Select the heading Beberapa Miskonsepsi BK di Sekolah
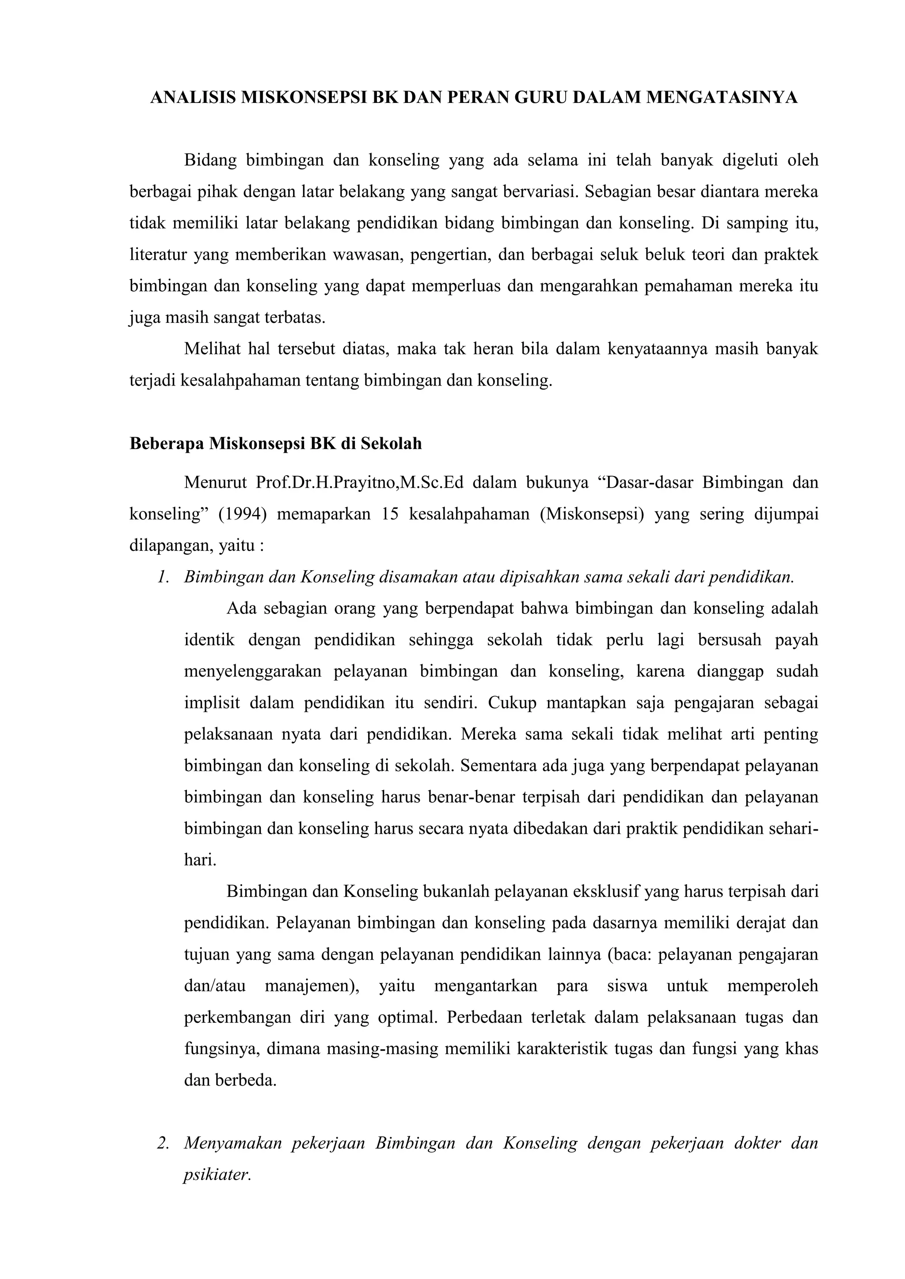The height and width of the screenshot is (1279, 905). pyautogui.click(x=275, y=444)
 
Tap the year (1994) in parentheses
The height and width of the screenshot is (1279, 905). pyautogui.click(x=243, y=514)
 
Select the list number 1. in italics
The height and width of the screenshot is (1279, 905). pyautogui.click(x=163, y=577)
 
